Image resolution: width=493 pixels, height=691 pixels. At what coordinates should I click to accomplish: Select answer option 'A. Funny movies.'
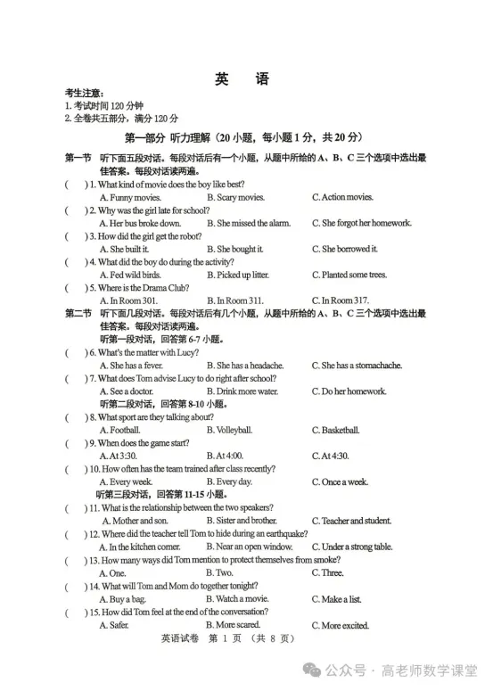(x=130, y=197)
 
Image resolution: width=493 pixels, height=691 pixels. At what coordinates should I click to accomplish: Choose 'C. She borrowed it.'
(x=345, y=249)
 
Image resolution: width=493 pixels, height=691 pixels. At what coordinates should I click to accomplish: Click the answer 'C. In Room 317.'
(x=341, y=300)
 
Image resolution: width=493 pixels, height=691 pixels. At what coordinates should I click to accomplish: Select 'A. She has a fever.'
(x=131, y=366)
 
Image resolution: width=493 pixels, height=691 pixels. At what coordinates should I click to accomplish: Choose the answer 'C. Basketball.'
(x=335, y=430)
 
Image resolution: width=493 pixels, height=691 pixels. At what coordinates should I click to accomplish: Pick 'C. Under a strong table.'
(x=352, y=547)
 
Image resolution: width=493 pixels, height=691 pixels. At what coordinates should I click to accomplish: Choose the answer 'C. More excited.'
(x=341, y=625)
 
